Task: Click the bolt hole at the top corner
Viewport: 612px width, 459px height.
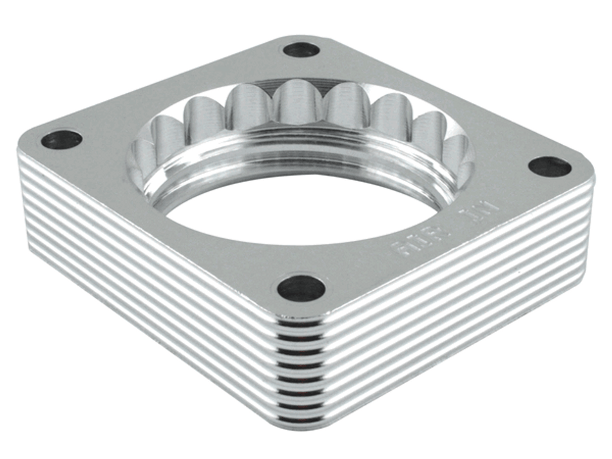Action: pyautogui.click(x=301, y=50)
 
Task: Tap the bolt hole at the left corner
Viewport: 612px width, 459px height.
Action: pyautogui.click(x=62, y=140)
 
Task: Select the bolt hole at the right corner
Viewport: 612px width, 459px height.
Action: pyautogui.click(x=550, y=167)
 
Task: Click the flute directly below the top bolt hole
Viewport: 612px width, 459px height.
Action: pyautogui.click(x=298, y=103)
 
